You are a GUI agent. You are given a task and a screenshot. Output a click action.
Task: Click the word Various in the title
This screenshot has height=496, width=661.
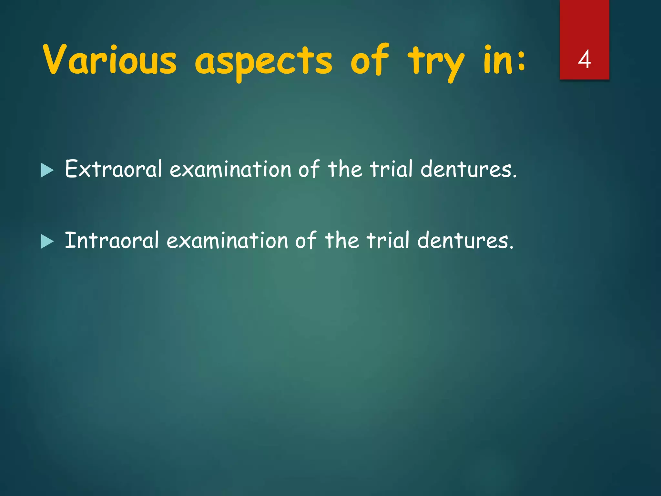[x=110, y=60]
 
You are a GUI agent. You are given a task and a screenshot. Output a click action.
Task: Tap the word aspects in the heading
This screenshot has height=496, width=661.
[x=263, y=61]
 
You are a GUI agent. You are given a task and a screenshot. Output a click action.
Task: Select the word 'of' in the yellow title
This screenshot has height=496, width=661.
[x=370, y=59]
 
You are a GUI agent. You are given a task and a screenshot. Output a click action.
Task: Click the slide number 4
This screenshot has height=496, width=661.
[x=584, y=59]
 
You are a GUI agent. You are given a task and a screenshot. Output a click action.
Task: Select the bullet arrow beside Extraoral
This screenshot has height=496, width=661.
[x=47, y=170]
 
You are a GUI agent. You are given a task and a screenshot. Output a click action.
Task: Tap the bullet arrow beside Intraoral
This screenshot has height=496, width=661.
[x=47, y=242]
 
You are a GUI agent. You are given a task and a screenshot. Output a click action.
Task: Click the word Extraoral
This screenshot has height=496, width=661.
[x=113, y=169]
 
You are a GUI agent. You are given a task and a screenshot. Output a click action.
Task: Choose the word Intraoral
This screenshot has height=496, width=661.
[x=112, y=241]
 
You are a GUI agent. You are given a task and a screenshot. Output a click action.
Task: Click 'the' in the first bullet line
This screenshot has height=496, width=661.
[x=345, y=169]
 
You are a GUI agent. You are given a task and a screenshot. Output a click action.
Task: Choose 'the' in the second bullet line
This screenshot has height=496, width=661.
[x=342, y=241]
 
